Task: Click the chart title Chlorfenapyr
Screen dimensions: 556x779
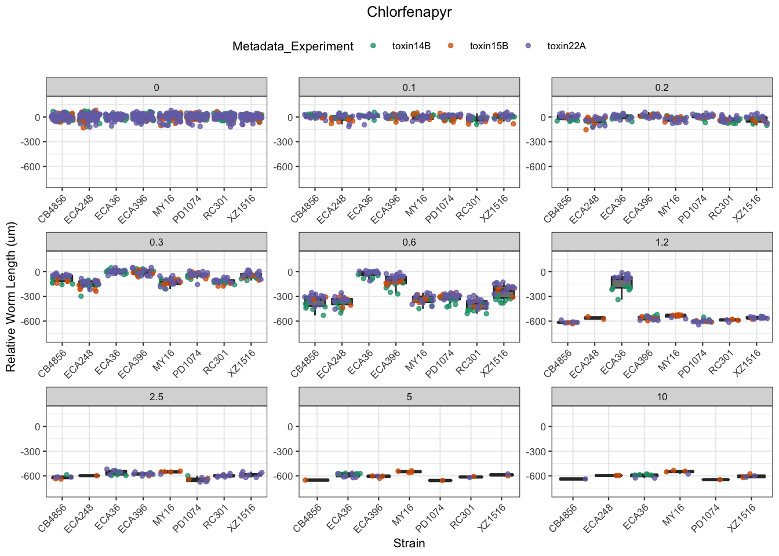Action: click(409, 12)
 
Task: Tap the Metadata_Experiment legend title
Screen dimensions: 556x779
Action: click(293, 46)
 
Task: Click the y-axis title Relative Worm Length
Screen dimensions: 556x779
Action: click(11, 297)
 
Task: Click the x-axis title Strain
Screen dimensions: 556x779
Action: click(409, 543)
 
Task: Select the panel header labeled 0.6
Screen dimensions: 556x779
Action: click(409, 242)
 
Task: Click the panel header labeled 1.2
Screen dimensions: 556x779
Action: click(662, 242)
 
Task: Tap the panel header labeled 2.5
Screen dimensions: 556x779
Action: click(156, 397)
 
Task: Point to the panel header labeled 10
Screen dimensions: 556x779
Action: click(662, 397)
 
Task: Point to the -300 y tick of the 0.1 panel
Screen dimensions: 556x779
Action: click(284, 142)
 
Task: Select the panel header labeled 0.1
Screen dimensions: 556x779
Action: click(409, 87)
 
